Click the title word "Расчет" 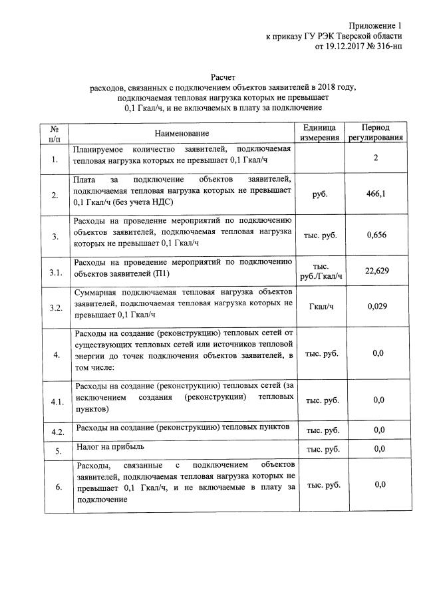tap(223, 77)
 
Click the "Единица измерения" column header tap(322, 133)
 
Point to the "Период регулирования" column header tap(376, 133)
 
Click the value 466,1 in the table tap(376, 194)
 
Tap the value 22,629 tap(376, 271)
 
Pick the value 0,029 tap(376, 307)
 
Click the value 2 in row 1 tap(376, 158)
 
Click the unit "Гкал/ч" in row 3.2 tap(322, 307)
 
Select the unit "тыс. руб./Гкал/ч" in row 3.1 tap(322, 271)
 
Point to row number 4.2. tap(57, 432)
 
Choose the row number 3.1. tap(56, 271)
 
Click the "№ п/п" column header tap(55, 133)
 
